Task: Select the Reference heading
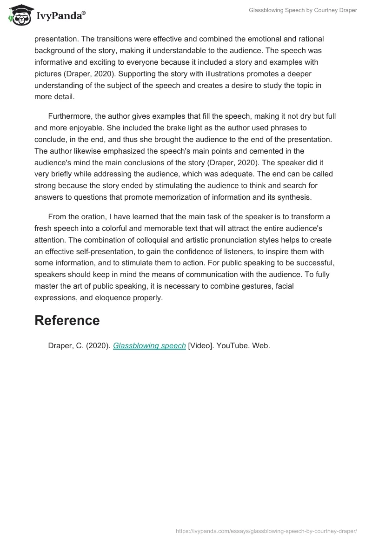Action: (x=67, y=320)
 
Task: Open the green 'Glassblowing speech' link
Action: (x=149, y=346)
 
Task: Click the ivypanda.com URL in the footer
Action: (x=266, y=531)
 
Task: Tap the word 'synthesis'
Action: (x=295, y=197)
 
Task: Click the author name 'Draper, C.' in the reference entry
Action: (x=65, y=346)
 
